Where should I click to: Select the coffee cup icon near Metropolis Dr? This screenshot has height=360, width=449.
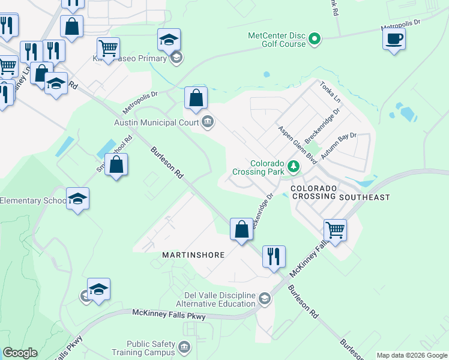(394, 40)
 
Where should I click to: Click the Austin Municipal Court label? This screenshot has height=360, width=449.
(156, 122)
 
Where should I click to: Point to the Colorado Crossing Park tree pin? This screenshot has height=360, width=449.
(294, 166)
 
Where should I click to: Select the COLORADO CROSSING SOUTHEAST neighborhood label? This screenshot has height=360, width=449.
(340, 193)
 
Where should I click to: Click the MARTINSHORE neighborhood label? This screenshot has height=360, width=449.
(193, 255)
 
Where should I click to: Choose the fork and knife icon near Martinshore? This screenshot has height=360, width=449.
(274, 257)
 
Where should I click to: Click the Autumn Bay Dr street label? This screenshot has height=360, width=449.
(339, 146)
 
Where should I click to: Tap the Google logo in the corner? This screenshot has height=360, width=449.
(20, 353)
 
